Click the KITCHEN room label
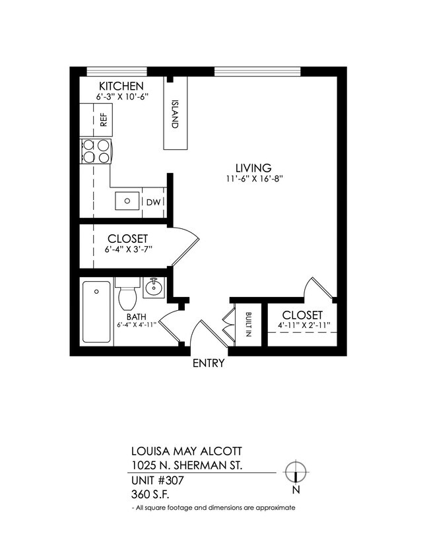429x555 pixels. pyautogui.click(x=121, y=86)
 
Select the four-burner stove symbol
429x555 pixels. pyautogui.click(x=96, y=151)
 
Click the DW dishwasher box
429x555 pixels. pyautogui.click(x=152, y=202)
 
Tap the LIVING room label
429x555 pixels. pyautogui.click(x=253, y=168)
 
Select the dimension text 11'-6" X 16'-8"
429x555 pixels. pyautogui.click(x=253, y=180)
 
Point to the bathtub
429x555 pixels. pyautogui.click(x=96, y=311)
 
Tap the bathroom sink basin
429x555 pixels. pyautogui.click(x=152, y=286)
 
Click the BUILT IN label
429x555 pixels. pyautogui.click(x=248, y=324)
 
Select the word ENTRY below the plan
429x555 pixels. pyautogui.click(x=209, y=364)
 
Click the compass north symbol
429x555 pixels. pyautogui.click(x=297, y=472)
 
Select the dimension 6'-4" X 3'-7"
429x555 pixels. pyautogui.click(x=128, y=249)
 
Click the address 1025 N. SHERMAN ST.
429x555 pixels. pyautogui.click(x=187, y=466)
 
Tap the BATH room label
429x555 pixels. pyautogui.click(x=137, y=315)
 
